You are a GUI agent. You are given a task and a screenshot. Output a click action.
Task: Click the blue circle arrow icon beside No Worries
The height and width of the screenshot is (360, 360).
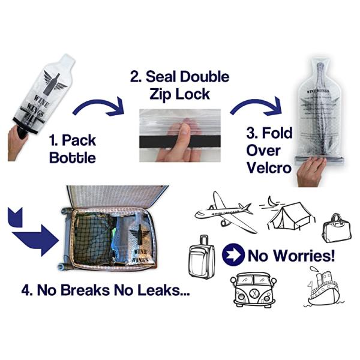point(233,256)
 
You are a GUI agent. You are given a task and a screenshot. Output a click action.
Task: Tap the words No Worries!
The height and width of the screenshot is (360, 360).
point(292,256)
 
